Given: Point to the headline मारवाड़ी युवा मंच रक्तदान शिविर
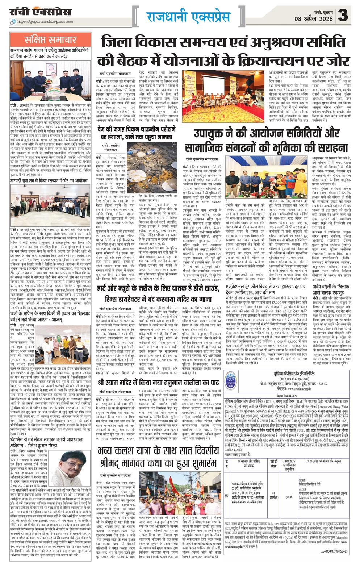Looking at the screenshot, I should tap(49, 180).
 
